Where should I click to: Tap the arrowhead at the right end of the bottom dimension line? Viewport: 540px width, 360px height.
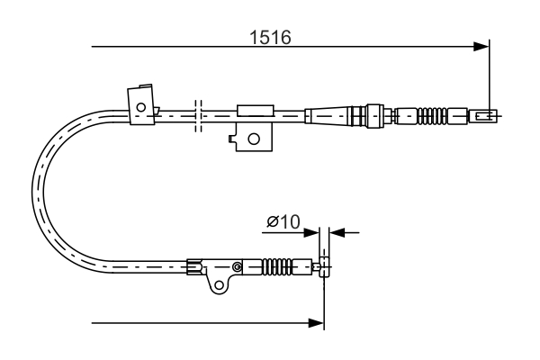tap(317, 321)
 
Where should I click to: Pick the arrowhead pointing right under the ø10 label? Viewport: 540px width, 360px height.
tap(314, 232)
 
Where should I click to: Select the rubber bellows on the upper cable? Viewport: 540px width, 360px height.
tap(433, 115)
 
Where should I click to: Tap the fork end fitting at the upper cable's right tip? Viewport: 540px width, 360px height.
tap(483, 114)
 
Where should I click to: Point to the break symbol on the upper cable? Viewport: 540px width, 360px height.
tap(199, 114)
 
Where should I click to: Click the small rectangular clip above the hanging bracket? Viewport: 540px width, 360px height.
tap(253, 111)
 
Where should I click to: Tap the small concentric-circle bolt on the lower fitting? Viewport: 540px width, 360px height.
tap(237, 266)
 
